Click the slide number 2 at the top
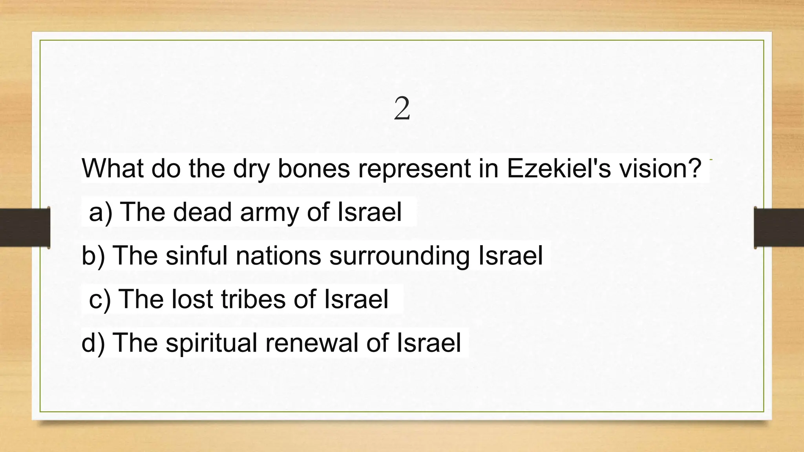(x=402, y=109)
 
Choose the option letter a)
(x=100, y=213)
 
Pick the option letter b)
(x=93, y=256)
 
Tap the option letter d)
(x=93, y=343)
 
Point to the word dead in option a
(x=202, y=212)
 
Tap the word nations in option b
(x=278, y=256)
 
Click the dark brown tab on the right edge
(x=779, y=228)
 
